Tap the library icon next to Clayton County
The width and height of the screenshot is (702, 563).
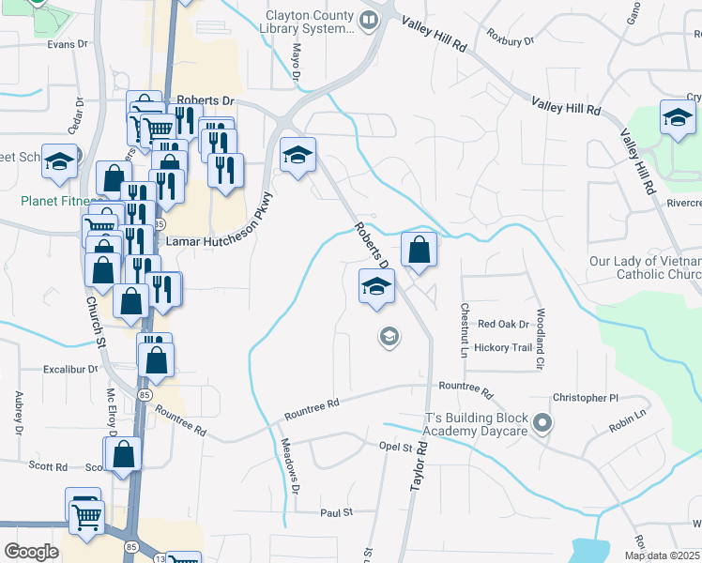(x=370, y=20)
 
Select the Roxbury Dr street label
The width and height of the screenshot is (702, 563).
(x=510, y=40)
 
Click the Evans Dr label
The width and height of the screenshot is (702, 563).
(x=67, y=43)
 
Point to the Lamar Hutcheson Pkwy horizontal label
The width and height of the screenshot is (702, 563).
(x=213, y=241)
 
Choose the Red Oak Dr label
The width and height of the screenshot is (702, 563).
(x=504, y=324)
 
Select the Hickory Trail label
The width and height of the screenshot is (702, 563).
(x=504, y=347)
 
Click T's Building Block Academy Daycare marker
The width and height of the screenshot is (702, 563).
(x=541, y=425)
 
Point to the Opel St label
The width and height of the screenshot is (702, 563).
(x=396, y=447)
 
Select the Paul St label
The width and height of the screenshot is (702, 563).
(x=335, y=512)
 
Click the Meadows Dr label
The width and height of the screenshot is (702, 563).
(x=290, y=466)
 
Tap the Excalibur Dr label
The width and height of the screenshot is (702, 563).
(x=68, y=370)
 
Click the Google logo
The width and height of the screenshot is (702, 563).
(x=30, y=552)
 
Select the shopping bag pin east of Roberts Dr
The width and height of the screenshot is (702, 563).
(x=420, y=251)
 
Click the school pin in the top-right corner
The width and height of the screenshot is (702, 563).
(x=677, y=118)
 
